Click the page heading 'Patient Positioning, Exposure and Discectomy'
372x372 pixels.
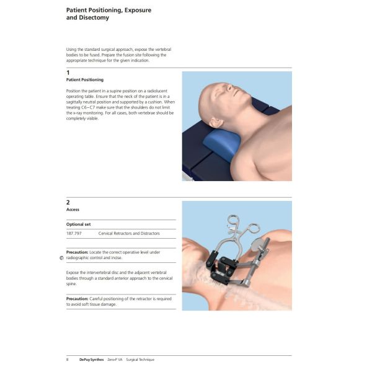(x=108, y=14)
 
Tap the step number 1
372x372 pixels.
(x=68, y=73)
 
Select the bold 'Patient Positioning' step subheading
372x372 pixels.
(x=85, y=80)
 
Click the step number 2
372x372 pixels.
(x=68, y=202)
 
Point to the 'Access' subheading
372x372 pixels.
(x=73, y=210)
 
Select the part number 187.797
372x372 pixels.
(x=74, y=233)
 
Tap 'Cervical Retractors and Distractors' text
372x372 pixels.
(x=128, y=233)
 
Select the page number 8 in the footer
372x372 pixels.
(x=68, y=360)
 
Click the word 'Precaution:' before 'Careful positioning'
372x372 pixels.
(x=81, y=298)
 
